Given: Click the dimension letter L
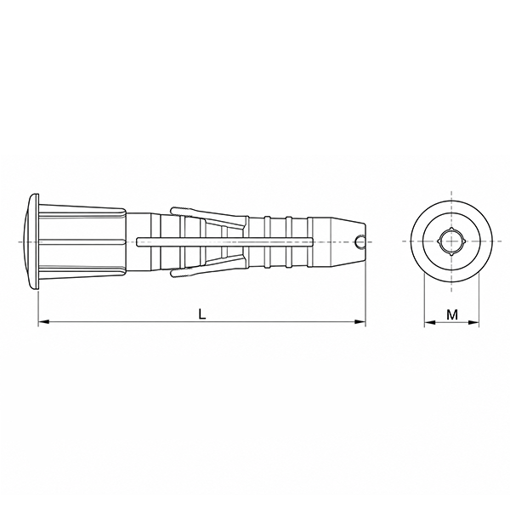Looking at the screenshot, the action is click(x=202, y=314).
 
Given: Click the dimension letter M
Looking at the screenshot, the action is click(x=452, y=314).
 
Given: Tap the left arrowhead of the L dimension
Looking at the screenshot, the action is click(x=44, y=321).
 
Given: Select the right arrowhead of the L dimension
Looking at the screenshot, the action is click(x=360, y=321).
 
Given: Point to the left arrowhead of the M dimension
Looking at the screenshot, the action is click(x=429, y=322).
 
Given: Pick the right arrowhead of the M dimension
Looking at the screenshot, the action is click(x=473, y=322).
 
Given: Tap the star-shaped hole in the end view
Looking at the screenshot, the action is click(x=451, y=241).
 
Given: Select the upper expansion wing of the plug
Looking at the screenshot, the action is click(x=208, y=215).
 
